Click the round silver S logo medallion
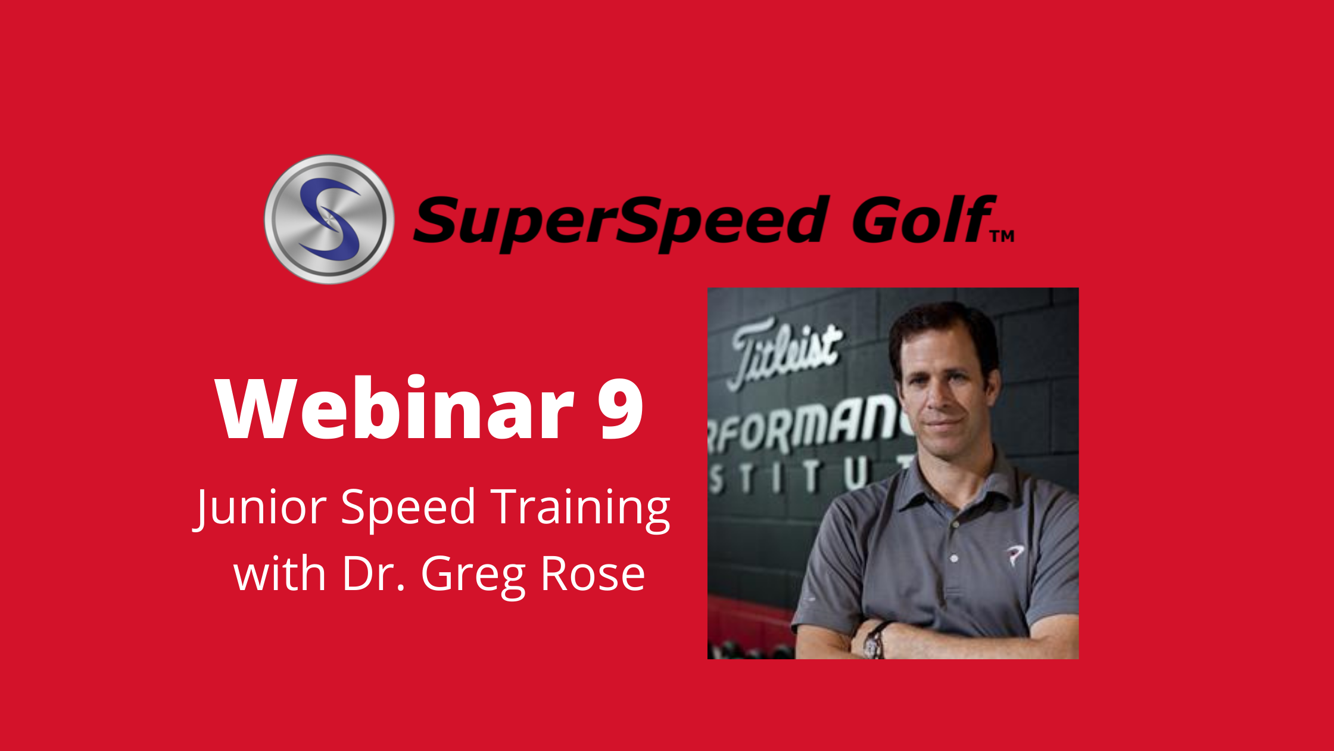click(329, 219)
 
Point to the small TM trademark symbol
click(1002, 237)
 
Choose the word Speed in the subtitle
click(408, 507)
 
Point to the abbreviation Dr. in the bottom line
click(374, 573)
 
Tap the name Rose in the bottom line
click(593, 573)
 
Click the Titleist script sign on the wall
click(785, 354)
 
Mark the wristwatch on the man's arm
click(875, 640)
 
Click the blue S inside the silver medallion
click(329, 219)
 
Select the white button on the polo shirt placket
click(954, 558)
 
